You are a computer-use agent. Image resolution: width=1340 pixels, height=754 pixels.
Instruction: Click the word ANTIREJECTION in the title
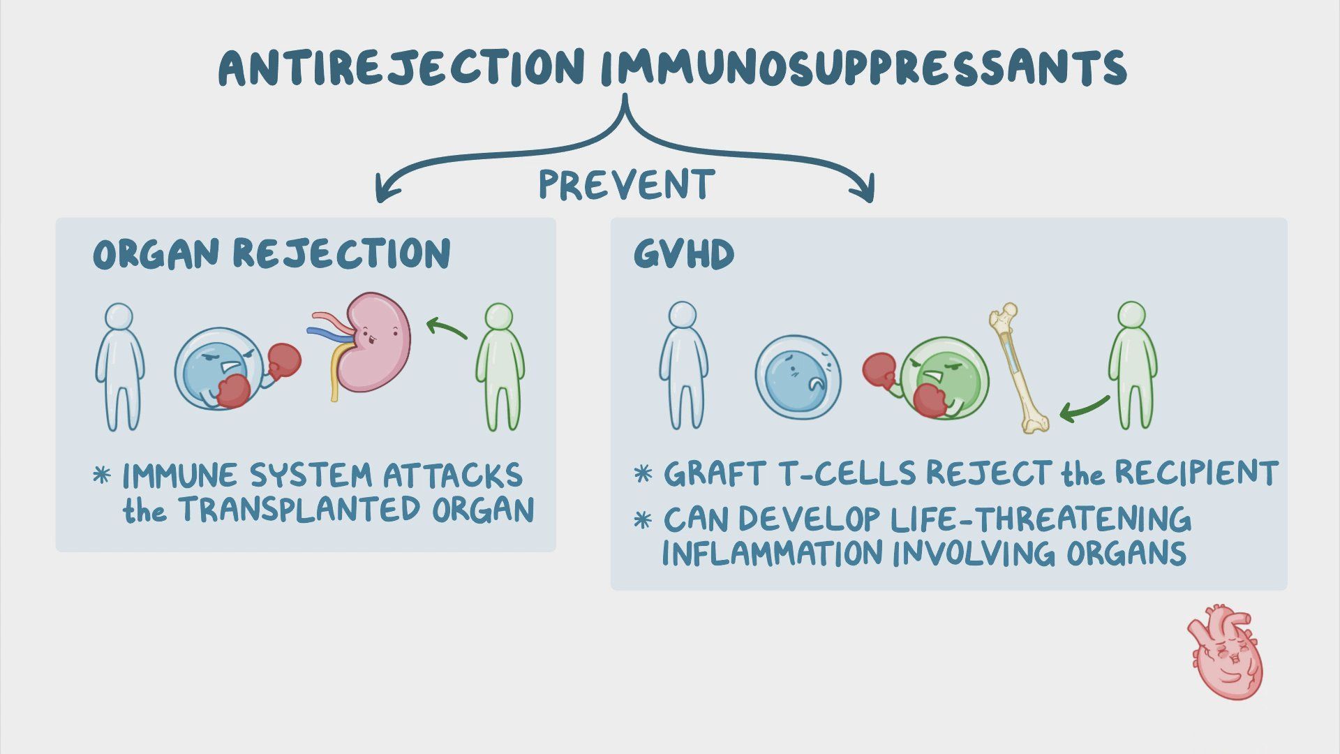[x=401, y=68]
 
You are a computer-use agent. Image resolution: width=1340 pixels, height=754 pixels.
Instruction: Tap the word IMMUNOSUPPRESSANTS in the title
[x=863, y=68]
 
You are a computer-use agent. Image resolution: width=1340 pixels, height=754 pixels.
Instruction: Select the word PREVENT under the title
[x=627, y=185]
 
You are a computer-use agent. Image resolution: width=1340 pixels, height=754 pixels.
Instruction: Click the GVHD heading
[x=684, y=254]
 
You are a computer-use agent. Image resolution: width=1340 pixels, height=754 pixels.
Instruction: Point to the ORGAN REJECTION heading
[x=271, y=254]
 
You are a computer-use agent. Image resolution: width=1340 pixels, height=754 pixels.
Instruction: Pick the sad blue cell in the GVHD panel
[x=798, y=378]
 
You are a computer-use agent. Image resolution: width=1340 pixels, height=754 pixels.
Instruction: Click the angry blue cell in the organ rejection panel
[x=218, y=369]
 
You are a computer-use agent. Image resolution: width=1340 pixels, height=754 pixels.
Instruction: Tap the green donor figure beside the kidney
[x=500, y=366]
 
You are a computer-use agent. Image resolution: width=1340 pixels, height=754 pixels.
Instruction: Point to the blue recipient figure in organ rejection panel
[x=119, y=366]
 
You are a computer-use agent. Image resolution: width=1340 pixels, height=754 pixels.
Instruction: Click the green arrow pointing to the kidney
[x=446, y=328]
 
